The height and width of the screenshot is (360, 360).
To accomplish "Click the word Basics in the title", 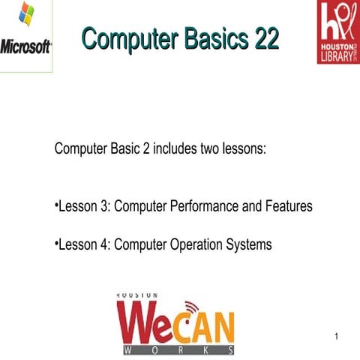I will [x=211, y=37].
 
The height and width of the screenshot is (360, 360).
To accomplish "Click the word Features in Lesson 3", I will [x=289, y=205].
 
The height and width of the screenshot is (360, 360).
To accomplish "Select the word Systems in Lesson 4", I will [x=250, y=244].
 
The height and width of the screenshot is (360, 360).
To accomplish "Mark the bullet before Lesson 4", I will [x=57, y=244].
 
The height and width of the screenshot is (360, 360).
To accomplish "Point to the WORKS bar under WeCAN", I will [x=177, y=350].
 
